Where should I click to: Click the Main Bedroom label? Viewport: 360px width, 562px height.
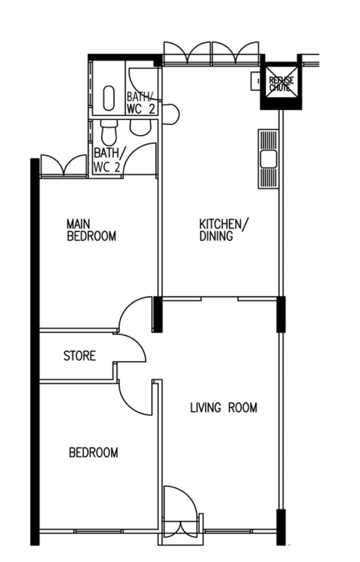pos(91,230)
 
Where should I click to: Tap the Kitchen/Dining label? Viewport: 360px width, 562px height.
pos(223,230)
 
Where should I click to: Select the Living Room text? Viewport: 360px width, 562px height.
pos(224,407)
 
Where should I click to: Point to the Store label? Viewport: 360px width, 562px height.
pos(80,356)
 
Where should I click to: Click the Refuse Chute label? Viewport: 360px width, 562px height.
pos(281,84)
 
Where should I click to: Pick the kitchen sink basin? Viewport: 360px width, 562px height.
pos(268,159)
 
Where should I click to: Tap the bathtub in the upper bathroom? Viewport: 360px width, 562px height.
pos(109,98)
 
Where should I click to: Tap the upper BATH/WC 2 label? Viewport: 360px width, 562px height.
pos(141,103)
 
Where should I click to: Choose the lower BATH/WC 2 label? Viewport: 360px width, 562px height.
pos(107,160)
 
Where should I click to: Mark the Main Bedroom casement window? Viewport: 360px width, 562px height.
pos(64,166)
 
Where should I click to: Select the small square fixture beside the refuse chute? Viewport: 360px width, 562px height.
pos(256,81)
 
